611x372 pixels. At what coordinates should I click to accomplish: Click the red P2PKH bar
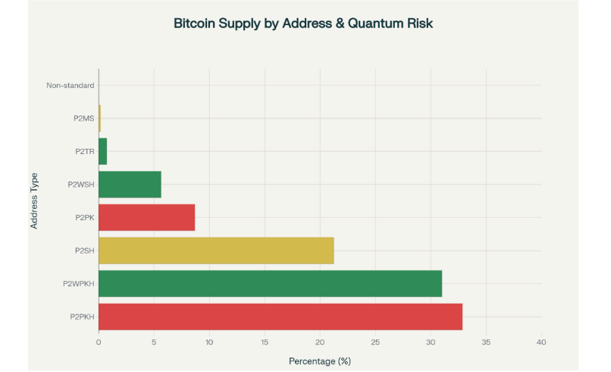pyautogui.click(x=280, y=316)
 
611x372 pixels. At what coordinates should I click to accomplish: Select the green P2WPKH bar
pyautogui.click(x=270, y=283)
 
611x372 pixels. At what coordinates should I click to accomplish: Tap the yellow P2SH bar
pyautogui.click(x=216, y=251)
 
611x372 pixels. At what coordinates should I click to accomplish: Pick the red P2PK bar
pyautogui.click(x=146, y=217)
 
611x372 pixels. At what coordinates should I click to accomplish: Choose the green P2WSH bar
pyautogui.click(x=130, y=184)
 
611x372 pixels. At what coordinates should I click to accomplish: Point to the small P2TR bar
pyautogui.click(x=103, y=151)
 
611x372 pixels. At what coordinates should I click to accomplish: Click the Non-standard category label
pyautogui.click(x=70, y=85)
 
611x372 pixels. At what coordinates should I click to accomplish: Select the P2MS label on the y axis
pyautogui.click(x=84, y=118)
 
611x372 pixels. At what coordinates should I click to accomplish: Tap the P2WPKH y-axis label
pyautogui.click(x=78, y=283)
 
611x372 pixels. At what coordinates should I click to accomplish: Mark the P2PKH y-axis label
pyautogui.click(x=80, y=317)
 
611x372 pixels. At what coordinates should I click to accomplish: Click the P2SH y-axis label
pyautogui.click(x=84, y=251)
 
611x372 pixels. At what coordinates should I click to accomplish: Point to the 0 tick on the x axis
pyautogui.click(x=99, y=342)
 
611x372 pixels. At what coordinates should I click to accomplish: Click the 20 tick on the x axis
pyautogui.click(x=320, y=342)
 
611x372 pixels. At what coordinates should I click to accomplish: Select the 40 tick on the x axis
pyautogui.click(x=541, y=342)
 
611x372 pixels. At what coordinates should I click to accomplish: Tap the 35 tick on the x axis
pyautogui.click(x=486, y=342)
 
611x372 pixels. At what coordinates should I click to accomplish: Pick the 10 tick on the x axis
pyautogui.click(x=209, y=342)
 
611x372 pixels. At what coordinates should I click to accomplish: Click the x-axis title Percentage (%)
pyautogui.click(x=320, y=360)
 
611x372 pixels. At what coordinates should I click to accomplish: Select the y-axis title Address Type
pyautogui.click(x=35, y=200)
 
